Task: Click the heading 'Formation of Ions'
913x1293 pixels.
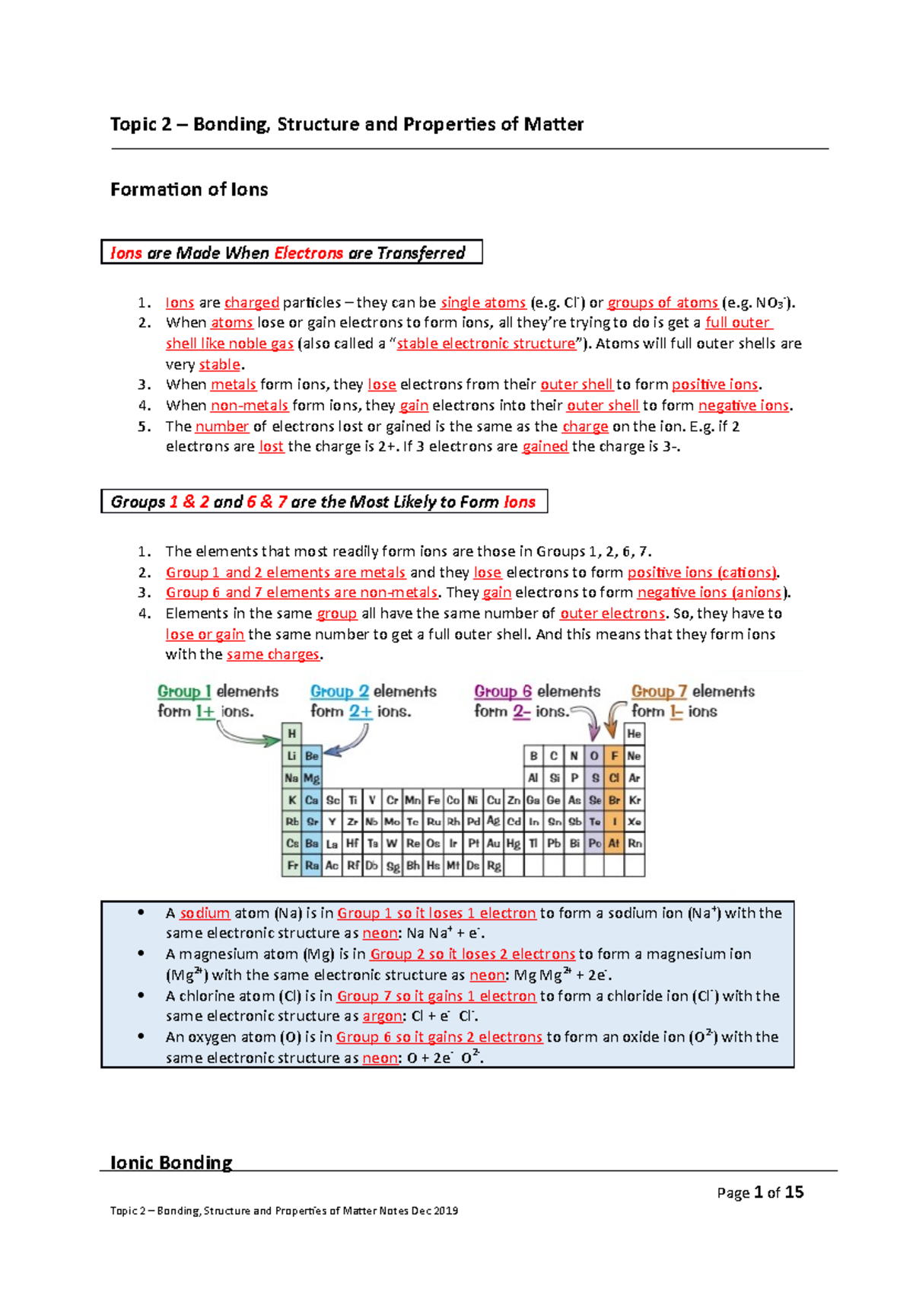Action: pos(189,190)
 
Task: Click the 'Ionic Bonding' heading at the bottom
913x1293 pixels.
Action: pos(171,1163)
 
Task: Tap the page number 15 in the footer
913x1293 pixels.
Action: pos(794,1192)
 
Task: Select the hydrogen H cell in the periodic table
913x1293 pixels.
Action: pos(291,734)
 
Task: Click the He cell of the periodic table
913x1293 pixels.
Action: pos(634,734)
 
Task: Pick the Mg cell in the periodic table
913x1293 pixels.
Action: pos(312,778)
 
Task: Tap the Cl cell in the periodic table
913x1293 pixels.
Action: pos(614,778)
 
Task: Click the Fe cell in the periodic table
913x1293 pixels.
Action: pos(434,800)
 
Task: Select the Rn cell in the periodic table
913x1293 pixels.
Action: pos(635,844)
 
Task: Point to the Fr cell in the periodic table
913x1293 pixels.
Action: pos(291,866)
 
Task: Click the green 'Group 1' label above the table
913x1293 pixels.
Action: pos(184,691)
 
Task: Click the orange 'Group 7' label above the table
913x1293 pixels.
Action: pos(659,691)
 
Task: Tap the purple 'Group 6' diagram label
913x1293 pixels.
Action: pos(503,691)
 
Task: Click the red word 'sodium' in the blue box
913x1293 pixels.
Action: pos(205,913)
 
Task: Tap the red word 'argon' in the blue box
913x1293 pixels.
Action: pos(383,1017)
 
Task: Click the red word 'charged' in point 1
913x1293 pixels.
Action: pos(252,302)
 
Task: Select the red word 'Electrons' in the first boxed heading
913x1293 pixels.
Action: pos(308,253)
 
